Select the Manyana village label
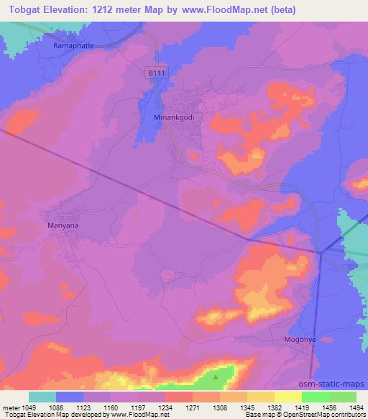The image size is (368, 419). tap(63, 225)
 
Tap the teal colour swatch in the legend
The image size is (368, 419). tap(42, 397)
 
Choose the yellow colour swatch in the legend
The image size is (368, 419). tap(287, 397)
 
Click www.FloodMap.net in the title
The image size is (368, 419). tap(226, 10)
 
